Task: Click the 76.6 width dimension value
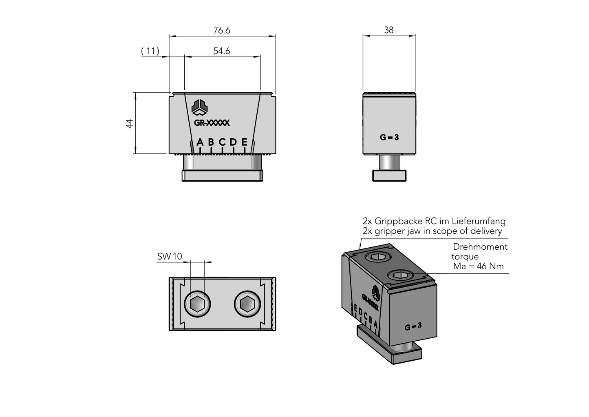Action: point(222,31)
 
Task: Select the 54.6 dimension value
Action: point(222,51)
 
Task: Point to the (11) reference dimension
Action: point(150,51)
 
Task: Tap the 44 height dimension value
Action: point(130,123)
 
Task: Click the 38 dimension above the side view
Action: point(389,30)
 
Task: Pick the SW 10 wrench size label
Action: point(170,257)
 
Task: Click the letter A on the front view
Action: point(200,142)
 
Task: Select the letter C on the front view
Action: point(222,142)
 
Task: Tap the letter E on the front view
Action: point(244,142)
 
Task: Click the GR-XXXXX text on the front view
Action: point(212,122)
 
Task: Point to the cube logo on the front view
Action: point(200,107)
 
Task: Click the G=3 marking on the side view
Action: point(389,138)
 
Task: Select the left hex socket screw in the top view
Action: point(198,304)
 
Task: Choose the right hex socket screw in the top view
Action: point(247,304)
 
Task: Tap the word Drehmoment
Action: point(480,247)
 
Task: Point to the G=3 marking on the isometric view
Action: point(413,326)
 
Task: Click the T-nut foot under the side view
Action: point(389,175)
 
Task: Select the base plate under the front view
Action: point(222,176)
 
